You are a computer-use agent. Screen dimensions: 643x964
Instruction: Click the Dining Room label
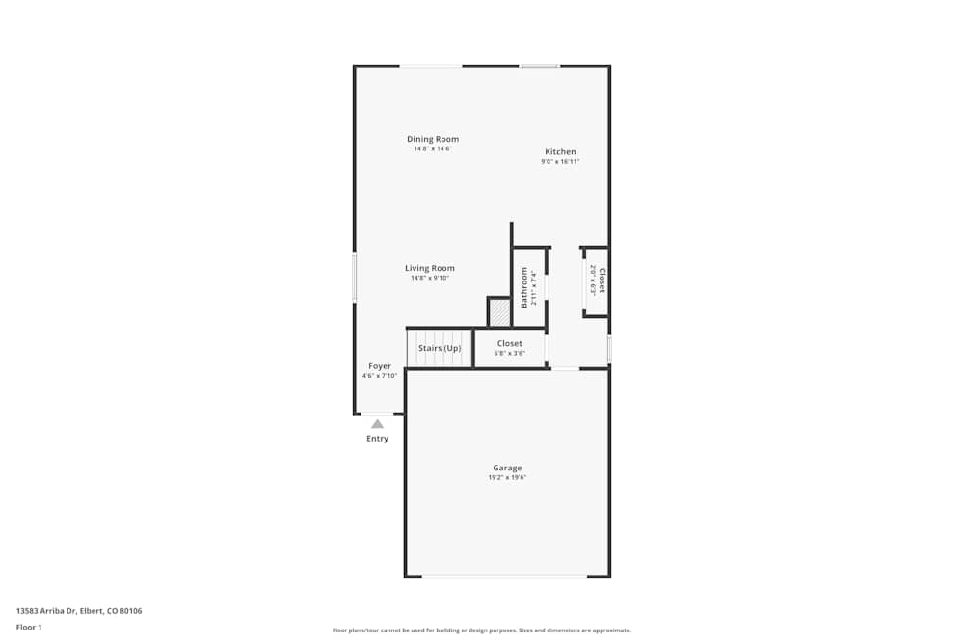pyautogui.click(x=433, y=139)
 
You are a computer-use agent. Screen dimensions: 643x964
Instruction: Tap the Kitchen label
pyautogui.click(x=560, y=152)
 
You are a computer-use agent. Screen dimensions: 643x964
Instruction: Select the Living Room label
pyautogui.click(x=430, y=268)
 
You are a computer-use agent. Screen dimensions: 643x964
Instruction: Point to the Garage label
pyautogui.click(x=507, y=468)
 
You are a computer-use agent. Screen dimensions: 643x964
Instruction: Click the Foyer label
pyautogui.click(x=380, y=366)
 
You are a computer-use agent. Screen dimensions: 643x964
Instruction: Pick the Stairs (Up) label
pyautogui.click(x=440, y=348)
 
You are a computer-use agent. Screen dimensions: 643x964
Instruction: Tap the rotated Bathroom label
pyautogui.click(x=525, y=287)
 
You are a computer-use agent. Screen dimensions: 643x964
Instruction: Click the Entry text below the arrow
pyautogui.click(x=377, y=439)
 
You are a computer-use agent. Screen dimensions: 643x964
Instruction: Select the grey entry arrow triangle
pyautogui.click(x=377, y=423)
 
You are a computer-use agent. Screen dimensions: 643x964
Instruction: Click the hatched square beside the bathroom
pyautogui.click(x=499, y=312)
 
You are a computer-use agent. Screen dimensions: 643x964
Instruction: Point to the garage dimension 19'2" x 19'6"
pyautogui.click(x=507, y=477)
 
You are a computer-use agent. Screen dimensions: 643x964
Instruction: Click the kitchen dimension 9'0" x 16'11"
pyautogui.click(x=560, y=162)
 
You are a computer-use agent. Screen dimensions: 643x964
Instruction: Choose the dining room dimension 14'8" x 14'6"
pyautogui.click(x=433, y=148)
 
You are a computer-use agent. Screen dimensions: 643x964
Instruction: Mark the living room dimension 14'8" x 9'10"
pyautogui.click(x=430, y=278)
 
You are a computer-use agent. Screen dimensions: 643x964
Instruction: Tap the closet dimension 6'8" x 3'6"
pyautogui.click(x=510, y=353)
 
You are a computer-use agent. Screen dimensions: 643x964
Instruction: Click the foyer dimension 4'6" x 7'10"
pyautogui.click(x=380, y=376)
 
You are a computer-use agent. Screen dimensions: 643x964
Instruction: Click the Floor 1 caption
pyautogui.click(x=29, y=627)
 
